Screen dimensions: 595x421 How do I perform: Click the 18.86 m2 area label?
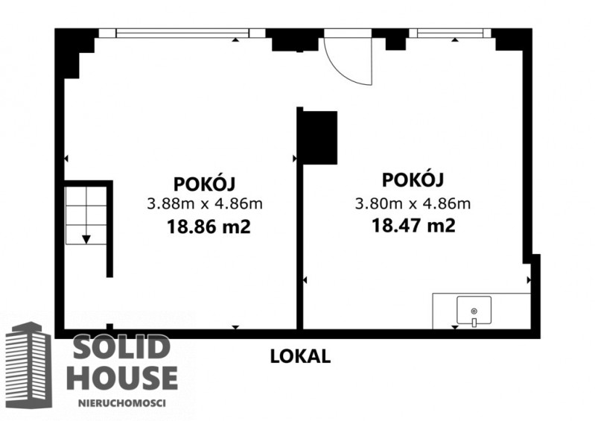tap(209, 227)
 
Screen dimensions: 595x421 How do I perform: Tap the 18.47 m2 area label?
tap(413, 226)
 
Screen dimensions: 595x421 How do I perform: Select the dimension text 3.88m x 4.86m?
tap(205, 204)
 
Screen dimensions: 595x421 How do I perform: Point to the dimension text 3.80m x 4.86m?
tap(413, 204)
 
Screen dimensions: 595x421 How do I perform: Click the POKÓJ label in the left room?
tap(205, 183)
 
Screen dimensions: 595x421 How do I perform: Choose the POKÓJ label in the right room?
tap(413, 179)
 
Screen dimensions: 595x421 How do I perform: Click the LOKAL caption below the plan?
tap(300, 356)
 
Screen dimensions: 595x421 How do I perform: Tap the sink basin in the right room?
tap(474, 311)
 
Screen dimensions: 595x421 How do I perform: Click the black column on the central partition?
tap(320, 138)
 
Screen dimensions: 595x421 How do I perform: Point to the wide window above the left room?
tap(182, 34)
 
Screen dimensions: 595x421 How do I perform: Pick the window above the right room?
tap(450, 34)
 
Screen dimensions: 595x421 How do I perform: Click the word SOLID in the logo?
tap(121, 347)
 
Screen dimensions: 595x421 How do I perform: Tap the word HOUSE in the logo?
tap(123, 377)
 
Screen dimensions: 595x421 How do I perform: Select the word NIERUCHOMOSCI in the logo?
tap(122, 403)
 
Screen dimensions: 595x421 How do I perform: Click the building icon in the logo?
tap(29, 365)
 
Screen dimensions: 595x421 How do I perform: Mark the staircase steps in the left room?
tap(86, 215)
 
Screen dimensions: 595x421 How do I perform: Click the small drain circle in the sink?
tap(474, 311)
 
